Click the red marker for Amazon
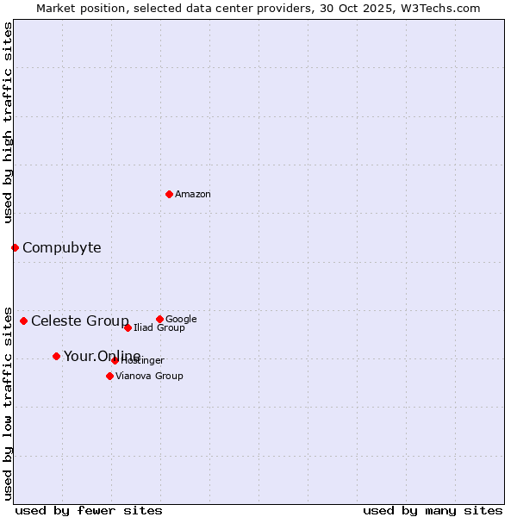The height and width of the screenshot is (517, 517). [x=169, y=194]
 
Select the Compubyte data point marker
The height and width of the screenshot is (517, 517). [x=15, y=247]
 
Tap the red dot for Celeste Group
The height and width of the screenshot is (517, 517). [x=23, y=321]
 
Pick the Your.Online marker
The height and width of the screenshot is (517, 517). [x=56, y=356]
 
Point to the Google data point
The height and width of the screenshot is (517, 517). [x=159, y=319]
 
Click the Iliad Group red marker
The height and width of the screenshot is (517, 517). [x=128, y=327]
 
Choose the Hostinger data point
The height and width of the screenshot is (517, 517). [x=115, y=360]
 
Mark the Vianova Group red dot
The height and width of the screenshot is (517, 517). [x=109, y=376]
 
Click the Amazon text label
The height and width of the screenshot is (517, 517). [x=193, y=195]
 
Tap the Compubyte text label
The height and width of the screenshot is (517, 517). [x=61, y=248]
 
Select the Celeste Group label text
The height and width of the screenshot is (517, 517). [x=80, y=321]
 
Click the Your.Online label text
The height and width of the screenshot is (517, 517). [x=102, y=357]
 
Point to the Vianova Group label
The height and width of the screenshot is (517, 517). [x=149, y=377]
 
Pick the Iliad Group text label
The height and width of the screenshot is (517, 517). [x=159, y=328]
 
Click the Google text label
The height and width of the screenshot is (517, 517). [x=181, y=320]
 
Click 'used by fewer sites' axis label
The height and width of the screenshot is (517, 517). [x=89, y=510]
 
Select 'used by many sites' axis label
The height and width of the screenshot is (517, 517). [x=433, y=510]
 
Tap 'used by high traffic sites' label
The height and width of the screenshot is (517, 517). [x=8, y=122]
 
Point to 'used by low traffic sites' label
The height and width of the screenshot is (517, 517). [x=8, y=402]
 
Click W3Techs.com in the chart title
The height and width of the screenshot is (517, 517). [x=438, y=8]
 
